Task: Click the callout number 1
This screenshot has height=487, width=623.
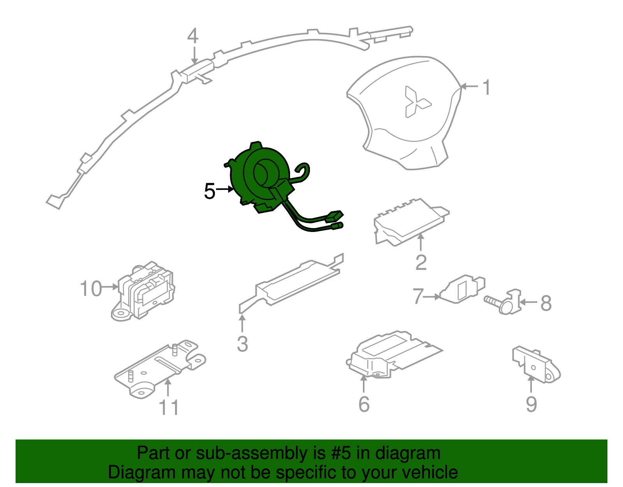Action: pos(487,87)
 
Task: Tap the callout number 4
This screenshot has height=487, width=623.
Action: pos(193,36)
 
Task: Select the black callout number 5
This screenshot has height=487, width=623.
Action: pos(209,191)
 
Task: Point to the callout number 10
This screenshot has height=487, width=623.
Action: pos(91,288)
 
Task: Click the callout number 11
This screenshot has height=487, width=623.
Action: pos(169,407)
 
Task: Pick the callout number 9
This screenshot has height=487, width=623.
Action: pos(531,404)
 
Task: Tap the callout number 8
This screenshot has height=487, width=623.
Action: pos(546,303)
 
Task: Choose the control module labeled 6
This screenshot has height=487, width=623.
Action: pos(394,355)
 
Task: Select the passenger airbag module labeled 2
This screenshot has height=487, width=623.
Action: pos(411,221)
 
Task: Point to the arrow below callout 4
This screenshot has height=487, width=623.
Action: pos(194,55)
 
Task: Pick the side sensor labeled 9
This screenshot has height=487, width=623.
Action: pos(537,365)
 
